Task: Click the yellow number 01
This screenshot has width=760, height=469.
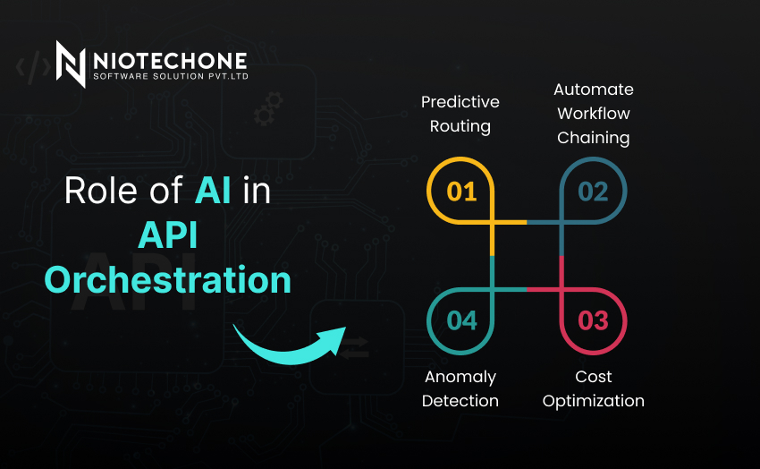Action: [461, 192]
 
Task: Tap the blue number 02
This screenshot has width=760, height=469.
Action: [593, 192]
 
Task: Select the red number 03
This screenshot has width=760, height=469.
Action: [593, 320]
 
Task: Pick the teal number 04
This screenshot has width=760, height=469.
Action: [461, 320]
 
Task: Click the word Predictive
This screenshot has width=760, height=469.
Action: [460, 102]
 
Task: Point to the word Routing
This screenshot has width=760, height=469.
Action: [460, 126]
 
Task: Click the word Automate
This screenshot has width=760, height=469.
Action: [594, 90]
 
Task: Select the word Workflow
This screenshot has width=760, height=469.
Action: [594, 114]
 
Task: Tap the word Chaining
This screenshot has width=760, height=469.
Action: [594, 138]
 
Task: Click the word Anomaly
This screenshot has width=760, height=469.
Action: [460, 378]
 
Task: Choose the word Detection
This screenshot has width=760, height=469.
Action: [460, 401]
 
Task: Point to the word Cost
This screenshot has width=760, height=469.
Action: [594, 377]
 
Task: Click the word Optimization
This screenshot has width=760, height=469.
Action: [594, 402]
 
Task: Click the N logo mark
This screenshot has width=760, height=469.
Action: [71, 64]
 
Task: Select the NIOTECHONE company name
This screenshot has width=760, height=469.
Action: [170, 61]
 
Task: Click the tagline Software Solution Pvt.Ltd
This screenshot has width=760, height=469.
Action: [171, 76]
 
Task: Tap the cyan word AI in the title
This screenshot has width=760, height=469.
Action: [213, 191]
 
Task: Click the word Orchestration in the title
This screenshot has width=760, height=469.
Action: [168, 280]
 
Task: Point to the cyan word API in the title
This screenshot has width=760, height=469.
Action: [168, 235]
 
